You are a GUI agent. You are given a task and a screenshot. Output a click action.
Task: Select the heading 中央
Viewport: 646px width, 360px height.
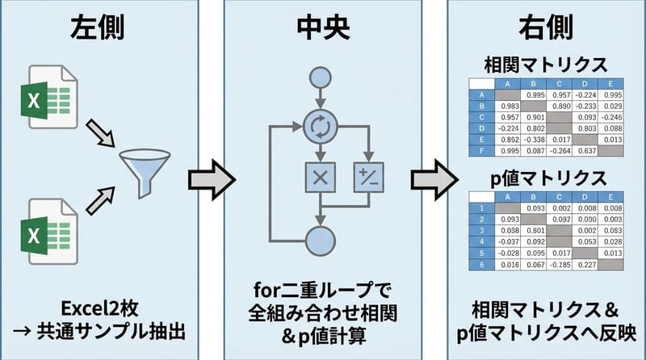[322, 27]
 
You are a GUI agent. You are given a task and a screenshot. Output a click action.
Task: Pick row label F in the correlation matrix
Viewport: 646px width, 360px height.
[481, 150]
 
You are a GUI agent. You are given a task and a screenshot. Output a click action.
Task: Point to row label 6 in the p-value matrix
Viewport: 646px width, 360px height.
[481, 263]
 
